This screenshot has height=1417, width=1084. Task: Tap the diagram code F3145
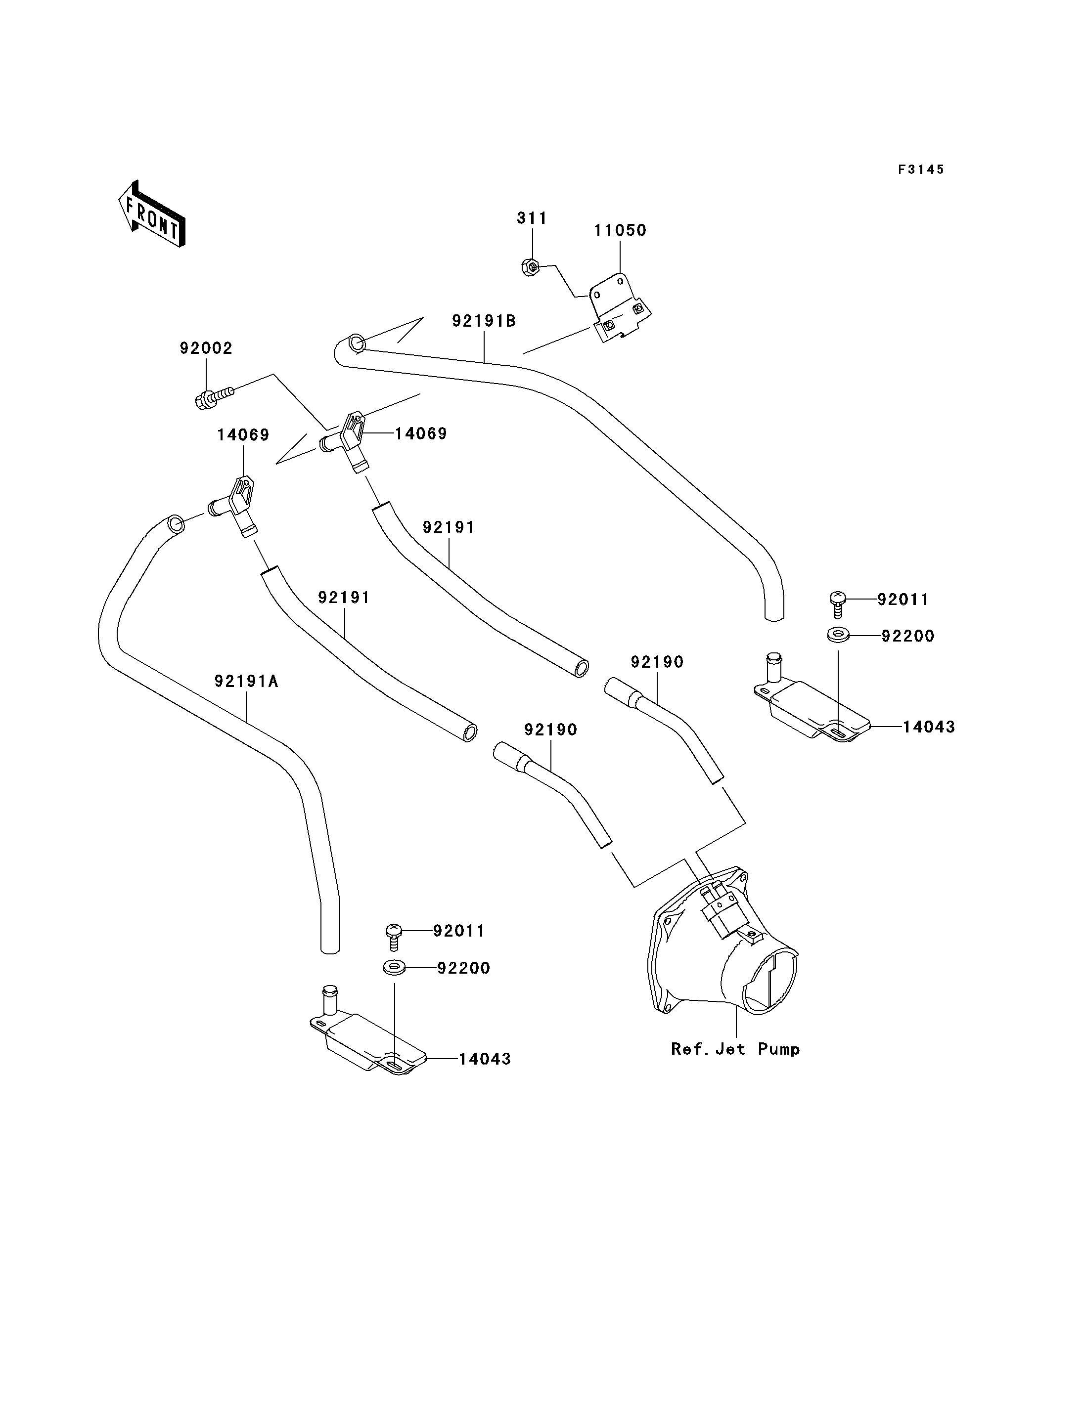(921, 170)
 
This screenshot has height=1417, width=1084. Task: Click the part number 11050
(620, 230)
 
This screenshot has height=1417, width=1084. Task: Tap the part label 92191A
(246, 681)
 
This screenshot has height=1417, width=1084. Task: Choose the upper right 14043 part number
(929, 727)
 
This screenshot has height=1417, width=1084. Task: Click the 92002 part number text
(206, 348)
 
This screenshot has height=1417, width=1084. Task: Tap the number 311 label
(532, 218)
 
